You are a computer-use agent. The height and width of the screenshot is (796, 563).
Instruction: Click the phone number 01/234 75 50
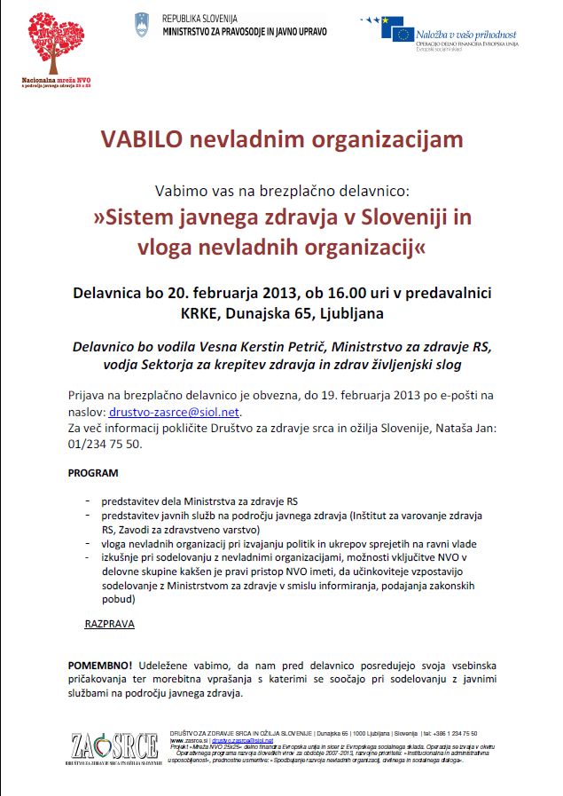click(x=105, y=444)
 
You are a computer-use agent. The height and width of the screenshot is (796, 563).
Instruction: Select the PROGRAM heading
click(x=93, y=473)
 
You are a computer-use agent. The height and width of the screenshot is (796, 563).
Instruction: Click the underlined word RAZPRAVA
click(x=109, y=624)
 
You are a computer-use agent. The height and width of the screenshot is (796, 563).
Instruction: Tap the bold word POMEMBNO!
click(x=100, y=665)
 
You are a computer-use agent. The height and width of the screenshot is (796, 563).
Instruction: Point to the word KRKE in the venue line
click(x=200, y=311)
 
